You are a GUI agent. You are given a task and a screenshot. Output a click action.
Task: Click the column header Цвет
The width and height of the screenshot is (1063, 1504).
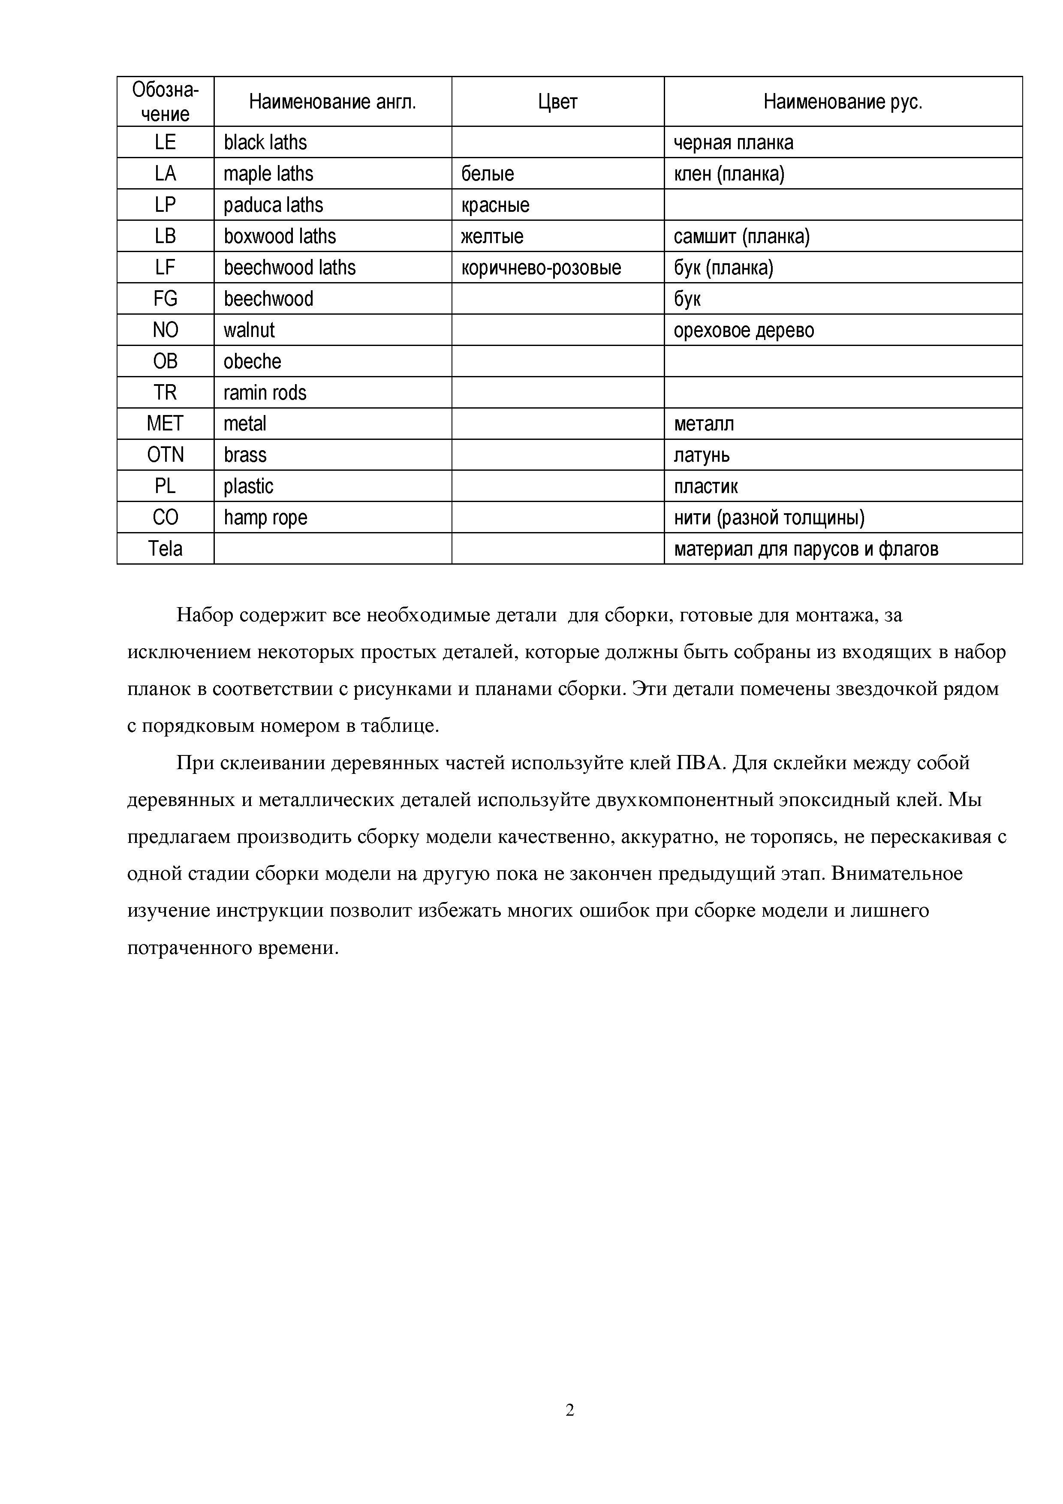click(557, 102)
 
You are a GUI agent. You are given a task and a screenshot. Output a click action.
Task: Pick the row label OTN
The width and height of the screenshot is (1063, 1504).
click(165, 454)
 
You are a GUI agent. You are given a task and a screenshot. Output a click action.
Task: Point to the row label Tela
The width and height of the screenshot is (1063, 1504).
click(165, 548)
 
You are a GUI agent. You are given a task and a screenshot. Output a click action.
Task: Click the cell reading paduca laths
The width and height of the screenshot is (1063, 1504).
click(273, 205)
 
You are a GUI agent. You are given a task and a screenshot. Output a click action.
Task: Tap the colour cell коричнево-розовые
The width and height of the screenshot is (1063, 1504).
click(541, 267)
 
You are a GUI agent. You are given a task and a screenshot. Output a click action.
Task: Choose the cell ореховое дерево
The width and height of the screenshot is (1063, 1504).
click(744, 330)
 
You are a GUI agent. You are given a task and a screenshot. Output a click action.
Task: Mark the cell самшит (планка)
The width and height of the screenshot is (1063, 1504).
click(741, 236)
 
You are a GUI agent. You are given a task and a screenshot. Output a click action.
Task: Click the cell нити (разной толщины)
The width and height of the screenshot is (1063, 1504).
click(769, 517)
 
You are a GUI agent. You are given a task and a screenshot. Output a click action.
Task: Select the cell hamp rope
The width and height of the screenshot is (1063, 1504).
click(265, 517)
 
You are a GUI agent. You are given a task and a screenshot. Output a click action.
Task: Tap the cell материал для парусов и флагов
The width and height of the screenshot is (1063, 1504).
click(806, 548)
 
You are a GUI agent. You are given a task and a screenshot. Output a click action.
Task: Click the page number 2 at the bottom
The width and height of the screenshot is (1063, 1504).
click(570, 1411)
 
